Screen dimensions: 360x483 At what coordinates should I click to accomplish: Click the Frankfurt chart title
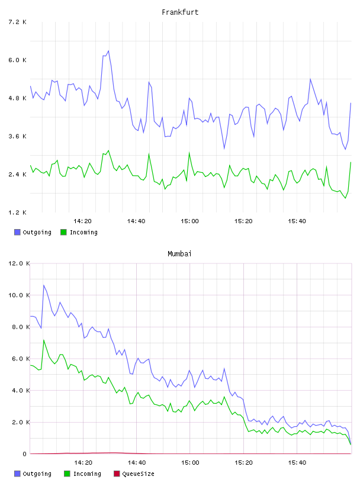coord(180,12)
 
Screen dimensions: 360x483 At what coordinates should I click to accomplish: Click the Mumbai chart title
coord(179,254)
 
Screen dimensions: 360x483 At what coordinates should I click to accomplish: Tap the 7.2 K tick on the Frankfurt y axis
coord(17,22)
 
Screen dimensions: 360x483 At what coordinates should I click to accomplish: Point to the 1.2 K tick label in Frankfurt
coord(17,212)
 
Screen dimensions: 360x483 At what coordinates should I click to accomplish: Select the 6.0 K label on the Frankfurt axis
coord(17,60)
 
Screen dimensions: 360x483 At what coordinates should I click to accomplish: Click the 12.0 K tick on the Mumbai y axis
coord(19,263)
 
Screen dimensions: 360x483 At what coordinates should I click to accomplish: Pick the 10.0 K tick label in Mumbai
coord(19,295)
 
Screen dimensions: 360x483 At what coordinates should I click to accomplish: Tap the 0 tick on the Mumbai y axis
coord(25,454)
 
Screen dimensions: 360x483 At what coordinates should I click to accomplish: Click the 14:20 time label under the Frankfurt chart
coord(83,221)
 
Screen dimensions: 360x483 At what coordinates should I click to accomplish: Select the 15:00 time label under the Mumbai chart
coord(190,463)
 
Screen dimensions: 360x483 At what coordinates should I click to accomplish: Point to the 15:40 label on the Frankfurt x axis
coord(297,221)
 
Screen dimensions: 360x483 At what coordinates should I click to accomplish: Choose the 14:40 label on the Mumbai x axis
coord(137,463)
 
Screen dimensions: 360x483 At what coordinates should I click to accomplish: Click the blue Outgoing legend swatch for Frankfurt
coord(17,232)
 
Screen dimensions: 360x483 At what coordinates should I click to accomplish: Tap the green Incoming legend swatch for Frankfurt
coord(63,232)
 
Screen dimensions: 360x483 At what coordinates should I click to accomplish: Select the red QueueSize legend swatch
coord(117,474)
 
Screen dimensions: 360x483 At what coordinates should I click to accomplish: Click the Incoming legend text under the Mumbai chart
coord(87,474)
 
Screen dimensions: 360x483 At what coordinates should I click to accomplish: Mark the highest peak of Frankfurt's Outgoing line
coord(108,51)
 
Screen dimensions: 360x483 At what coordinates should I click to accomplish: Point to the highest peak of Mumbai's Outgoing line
coord(44,285)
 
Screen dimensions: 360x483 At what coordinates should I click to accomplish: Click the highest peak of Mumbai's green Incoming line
coord(44,340)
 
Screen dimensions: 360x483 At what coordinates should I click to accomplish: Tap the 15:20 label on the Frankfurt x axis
coord(243,221)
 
